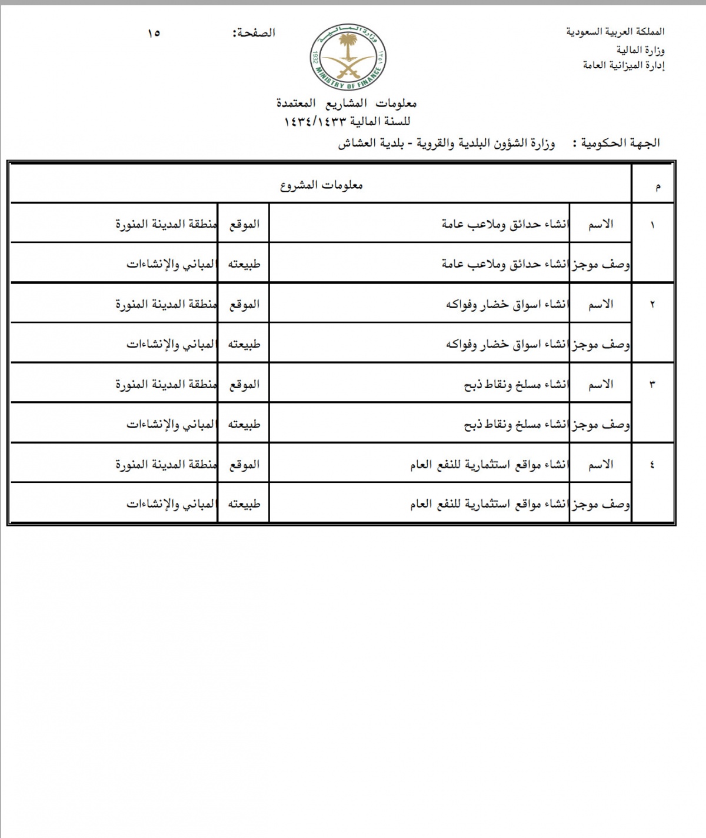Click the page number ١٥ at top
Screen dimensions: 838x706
click(x=154, y=33)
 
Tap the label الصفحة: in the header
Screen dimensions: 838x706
click(x=254, y=33)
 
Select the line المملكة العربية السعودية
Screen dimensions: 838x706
click(x=615, y=32)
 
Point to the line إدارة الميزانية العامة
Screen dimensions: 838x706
click(x=624, y=65)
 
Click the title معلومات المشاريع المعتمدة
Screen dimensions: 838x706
click(x=347, y=104)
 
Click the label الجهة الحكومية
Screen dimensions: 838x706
click(x=620, y=143)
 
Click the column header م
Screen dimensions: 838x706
click(x=657, y=187)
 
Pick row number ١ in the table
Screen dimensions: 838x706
click(x=652, y=225)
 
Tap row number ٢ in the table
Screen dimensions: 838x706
click(x=652, y=305)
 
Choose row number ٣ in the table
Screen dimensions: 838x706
click(x=652, y=385)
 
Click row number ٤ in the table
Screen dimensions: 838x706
click(x=652, y=465)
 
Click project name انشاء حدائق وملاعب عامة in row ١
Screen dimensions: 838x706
click(x=505, y=225)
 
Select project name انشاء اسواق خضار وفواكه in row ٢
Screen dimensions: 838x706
click(x=507, y=305)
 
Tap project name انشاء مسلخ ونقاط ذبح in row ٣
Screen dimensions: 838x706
click(x=516, y=385)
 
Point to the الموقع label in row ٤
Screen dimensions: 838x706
click(x=244, y=465)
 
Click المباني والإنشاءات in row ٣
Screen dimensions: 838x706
click(x=171, y=424)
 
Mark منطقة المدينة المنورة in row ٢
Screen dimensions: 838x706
click(x=166, y=305)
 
